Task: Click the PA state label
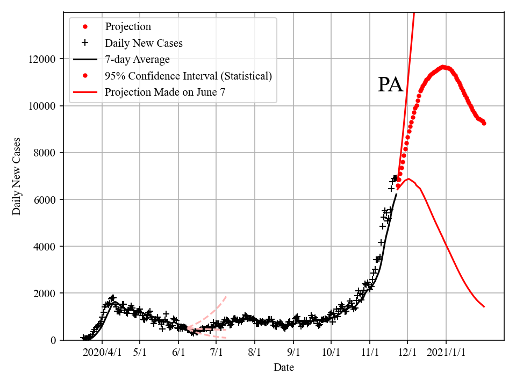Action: tap(390, 85)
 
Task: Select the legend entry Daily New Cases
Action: tap(144, 43)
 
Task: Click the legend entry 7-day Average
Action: tap(137, 59)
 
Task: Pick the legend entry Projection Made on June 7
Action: tap(164, 92)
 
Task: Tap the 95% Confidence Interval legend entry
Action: tap(188, 76)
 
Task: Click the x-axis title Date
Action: tap(283, 368)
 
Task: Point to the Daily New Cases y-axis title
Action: tap(17, 176)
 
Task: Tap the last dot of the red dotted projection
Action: tap(484, 123)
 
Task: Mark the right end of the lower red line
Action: tap(484, 306)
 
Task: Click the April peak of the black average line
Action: tap(114, 302)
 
